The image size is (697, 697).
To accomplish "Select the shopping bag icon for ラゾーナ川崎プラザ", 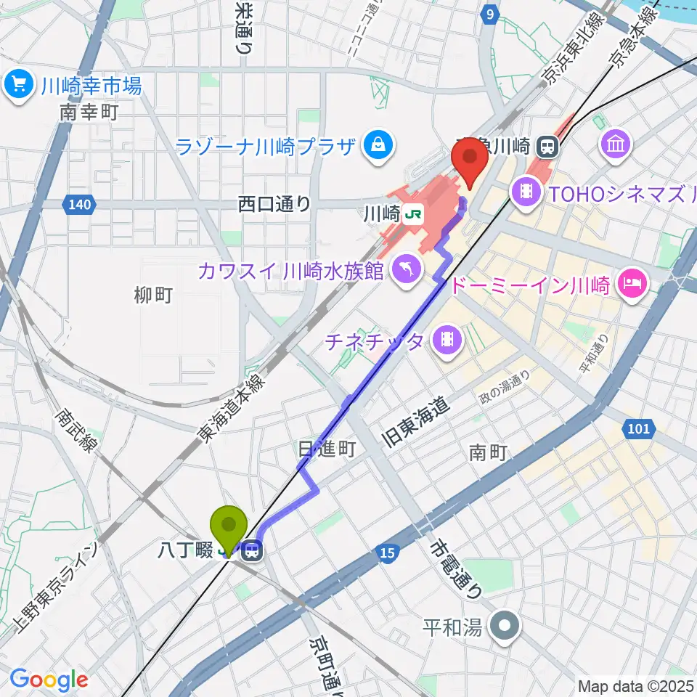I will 378,145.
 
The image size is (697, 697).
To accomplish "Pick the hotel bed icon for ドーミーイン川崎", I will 632,282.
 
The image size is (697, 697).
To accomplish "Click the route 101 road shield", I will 638,430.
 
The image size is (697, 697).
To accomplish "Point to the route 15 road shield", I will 387,555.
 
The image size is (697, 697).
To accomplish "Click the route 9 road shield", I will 492,14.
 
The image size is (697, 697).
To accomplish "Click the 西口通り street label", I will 274,205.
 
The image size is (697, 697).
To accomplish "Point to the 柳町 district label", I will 153,295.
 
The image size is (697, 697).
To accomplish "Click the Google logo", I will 49,680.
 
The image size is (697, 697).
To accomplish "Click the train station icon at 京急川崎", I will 547,147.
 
